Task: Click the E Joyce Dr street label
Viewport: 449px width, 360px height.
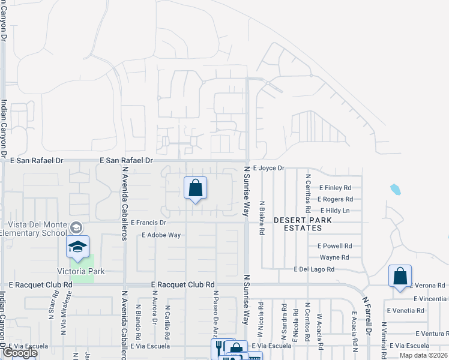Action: tap(268, 169)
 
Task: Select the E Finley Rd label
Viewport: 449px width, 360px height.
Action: tap(335, 188)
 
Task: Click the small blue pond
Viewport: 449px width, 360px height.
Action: tap(395, 190)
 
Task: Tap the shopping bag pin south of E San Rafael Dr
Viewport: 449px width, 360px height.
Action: tap(196, 189)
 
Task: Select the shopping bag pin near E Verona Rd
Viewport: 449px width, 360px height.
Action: tap(400, 277)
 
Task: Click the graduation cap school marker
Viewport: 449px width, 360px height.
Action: tap(77, 247)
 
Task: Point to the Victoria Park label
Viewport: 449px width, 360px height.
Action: tap(81, 271)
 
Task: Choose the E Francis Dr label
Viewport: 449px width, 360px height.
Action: tap(148, 223)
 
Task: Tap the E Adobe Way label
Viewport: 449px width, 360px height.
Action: tap(161, 235)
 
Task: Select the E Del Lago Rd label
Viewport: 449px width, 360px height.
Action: tap(314, 270)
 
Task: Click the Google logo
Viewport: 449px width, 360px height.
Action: tap(20, 353)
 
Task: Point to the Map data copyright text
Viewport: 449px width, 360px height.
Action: tap(424, 355)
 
